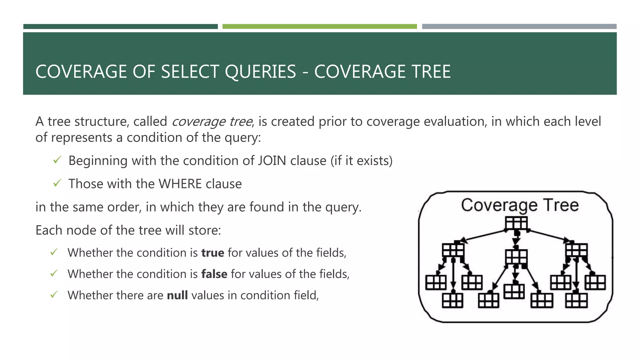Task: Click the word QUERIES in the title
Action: pos(260,72)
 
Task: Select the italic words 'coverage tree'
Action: pos(212,122)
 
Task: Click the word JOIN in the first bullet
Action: pos(272,161)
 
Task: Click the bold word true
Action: pos(212,252)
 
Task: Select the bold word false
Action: pos(214,274)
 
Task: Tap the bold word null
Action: pos(177,295)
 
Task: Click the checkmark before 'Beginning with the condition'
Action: pos(57,160)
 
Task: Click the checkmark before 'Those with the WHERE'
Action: pos(57,183)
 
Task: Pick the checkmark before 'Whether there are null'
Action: pos(54,295)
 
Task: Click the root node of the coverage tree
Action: pos(516,223)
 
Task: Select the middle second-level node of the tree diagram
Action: pos(516,257)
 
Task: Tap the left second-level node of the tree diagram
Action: pos(453,250)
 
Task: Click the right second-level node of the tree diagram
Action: pos(577,250)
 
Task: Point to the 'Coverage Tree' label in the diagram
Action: pos(520,205)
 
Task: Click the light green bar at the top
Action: pos(319,27)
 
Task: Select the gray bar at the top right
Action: pos(519,27)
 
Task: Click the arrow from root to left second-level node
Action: pos(483,236)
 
